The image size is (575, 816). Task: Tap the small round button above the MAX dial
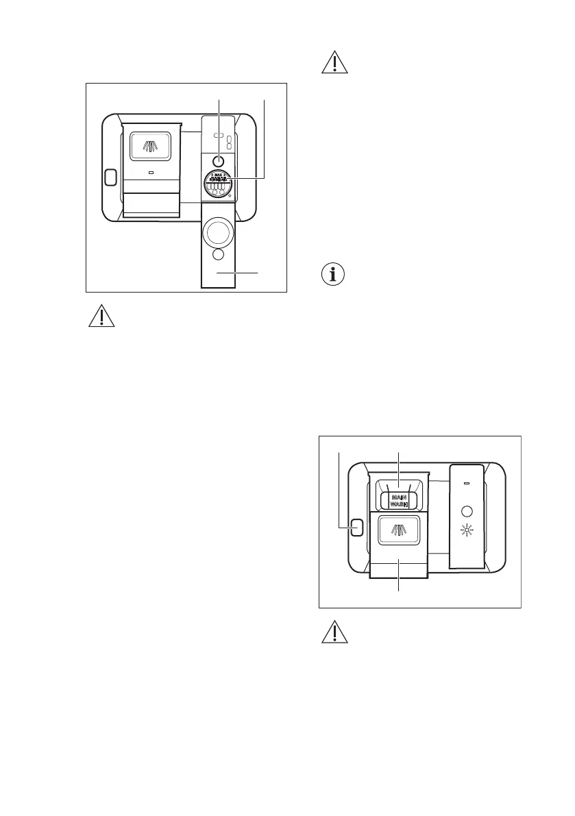tap(218, 160)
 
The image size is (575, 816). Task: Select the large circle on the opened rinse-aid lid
tap(219, 232)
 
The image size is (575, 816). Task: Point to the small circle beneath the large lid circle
tap(219, 255)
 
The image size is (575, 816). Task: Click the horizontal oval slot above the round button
tap(218, 135)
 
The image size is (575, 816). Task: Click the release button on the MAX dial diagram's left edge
tap(110, 178)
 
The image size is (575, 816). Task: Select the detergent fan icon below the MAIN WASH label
tap(399, 530)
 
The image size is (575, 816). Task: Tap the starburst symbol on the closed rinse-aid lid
tap(467, 531)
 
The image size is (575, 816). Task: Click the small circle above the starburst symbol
tap(467, 511)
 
